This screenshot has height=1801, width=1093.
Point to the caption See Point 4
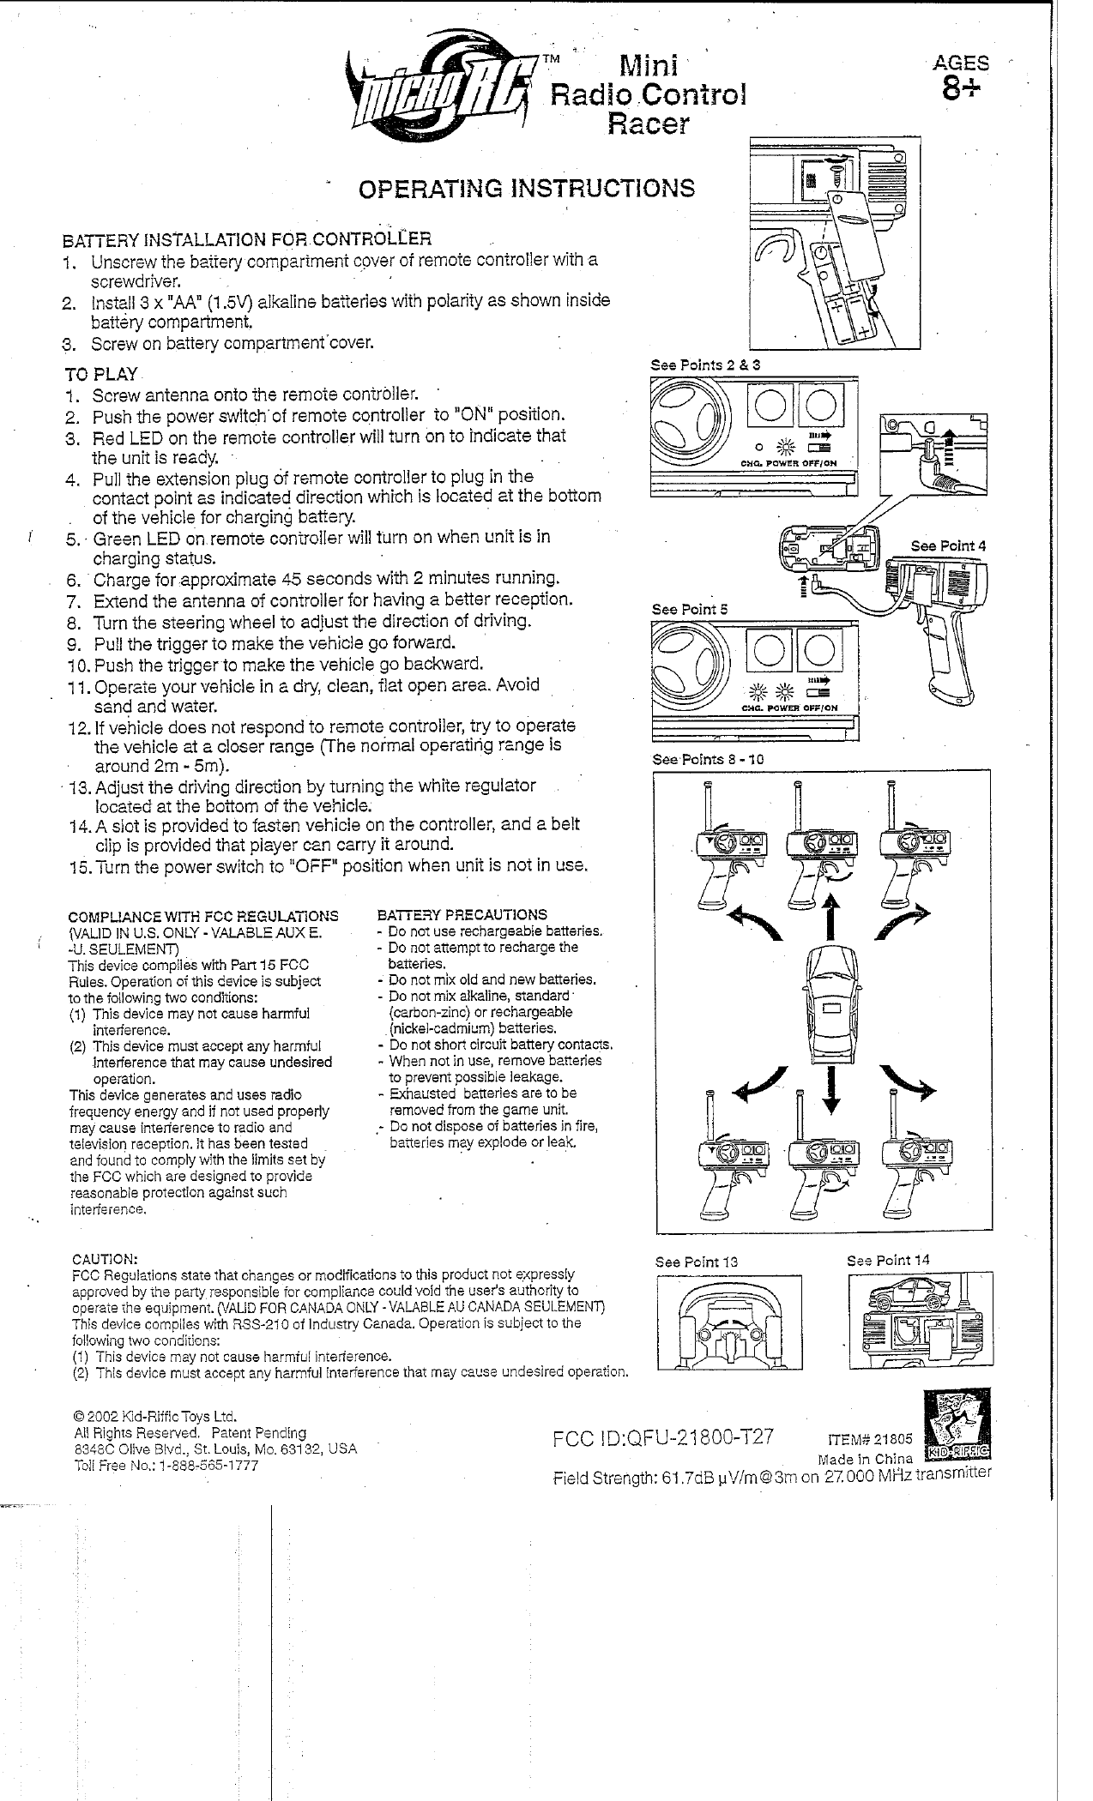948,545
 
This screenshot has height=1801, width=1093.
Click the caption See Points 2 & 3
705,364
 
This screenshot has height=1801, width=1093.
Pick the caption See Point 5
689,609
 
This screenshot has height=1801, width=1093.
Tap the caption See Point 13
696,1262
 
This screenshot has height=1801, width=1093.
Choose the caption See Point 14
888,1260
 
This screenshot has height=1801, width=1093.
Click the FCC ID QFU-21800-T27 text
666,1437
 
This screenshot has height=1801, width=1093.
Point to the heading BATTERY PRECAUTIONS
462,915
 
